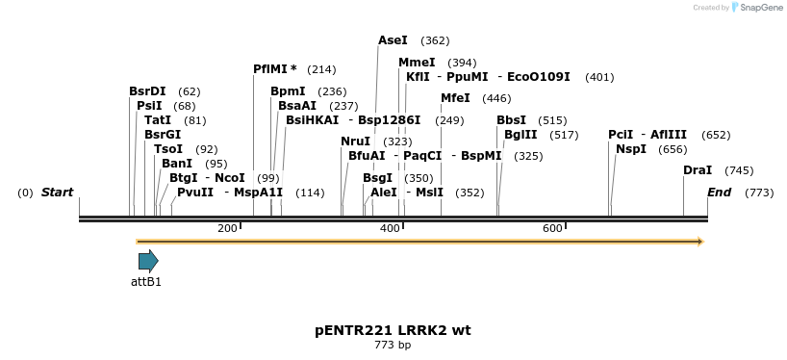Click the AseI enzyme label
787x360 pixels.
coord(393,40)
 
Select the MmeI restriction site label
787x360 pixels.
coord(417,63)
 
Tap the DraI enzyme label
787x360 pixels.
coord(698,170)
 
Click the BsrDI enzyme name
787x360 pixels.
coord(147,91)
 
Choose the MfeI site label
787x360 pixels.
coord(455,98)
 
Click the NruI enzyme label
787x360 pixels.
coord(355,141)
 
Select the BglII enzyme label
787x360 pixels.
coord(520,135)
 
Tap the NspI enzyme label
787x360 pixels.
coord(631,149)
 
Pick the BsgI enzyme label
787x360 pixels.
coord(377,178)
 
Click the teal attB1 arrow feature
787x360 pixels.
coord(148,261)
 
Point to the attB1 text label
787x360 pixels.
coord(146,282)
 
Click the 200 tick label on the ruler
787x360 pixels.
coord(227,228)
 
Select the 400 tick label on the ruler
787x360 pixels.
coord(390,228)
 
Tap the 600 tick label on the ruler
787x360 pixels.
coord(552,228)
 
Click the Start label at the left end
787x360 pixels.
coord(57,193)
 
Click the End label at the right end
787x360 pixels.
coord(719,193)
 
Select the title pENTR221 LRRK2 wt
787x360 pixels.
coord(393,330)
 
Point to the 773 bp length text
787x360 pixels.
coord(393,345)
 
